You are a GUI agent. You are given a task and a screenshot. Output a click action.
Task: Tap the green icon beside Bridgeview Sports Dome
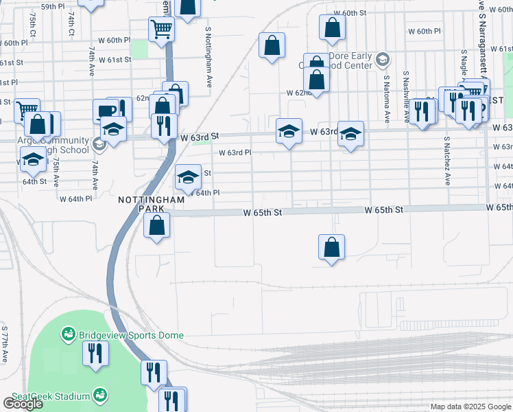click(x=69, y=335)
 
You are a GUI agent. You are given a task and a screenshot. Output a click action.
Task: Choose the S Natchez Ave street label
click(x=446, y=161)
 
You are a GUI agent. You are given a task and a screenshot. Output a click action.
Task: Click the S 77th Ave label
click(x=4, y=343)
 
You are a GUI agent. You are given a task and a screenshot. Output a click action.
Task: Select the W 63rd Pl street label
click(x=235, y=153)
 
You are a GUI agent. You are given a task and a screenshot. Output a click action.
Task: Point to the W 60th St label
click(x=350, y=13)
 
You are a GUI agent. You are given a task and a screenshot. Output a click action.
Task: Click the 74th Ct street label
click(x=71, y=23)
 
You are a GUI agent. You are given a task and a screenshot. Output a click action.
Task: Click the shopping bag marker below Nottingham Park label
click(x=157, y=225)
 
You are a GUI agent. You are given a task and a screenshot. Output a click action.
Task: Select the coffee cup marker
click(x=107, y=111)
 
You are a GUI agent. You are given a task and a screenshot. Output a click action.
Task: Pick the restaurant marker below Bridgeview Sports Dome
click(x=95, y=353)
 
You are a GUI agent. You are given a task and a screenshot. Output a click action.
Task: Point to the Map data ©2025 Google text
click(x=470, y=407)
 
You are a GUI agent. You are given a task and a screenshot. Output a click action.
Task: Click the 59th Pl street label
click(x=52, y=6)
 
